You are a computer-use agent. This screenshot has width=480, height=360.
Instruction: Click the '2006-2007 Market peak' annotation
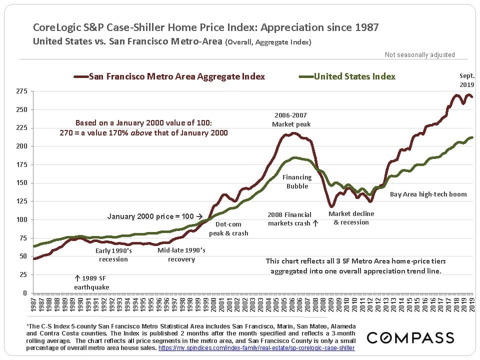pos(291,119)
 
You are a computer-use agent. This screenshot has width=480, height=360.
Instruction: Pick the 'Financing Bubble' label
pos(297,181)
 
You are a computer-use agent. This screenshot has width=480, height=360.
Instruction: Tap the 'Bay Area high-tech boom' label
pos(428,194)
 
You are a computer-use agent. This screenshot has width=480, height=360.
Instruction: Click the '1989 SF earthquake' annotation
pos(91,282)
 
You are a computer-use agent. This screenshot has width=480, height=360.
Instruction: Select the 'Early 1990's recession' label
pos(114,254)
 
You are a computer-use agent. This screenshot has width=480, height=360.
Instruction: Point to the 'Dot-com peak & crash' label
pos(228,228)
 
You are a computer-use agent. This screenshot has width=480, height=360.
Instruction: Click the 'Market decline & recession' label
pos(351,217)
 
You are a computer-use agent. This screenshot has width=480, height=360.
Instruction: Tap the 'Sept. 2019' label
pos(467,80)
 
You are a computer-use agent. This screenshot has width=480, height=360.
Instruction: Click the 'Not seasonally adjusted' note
pos(419,55)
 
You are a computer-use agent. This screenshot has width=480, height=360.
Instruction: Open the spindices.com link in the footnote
pos(257,347)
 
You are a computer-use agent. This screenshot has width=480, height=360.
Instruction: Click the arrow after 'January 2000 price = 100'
pos(199,217)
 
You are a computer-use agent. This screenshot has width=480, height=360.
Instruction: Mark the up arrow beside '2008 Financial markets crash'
pos(315,223)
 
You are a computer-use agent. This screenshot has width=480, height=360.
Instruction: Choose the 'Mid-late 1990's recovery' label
pos(181,254)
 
